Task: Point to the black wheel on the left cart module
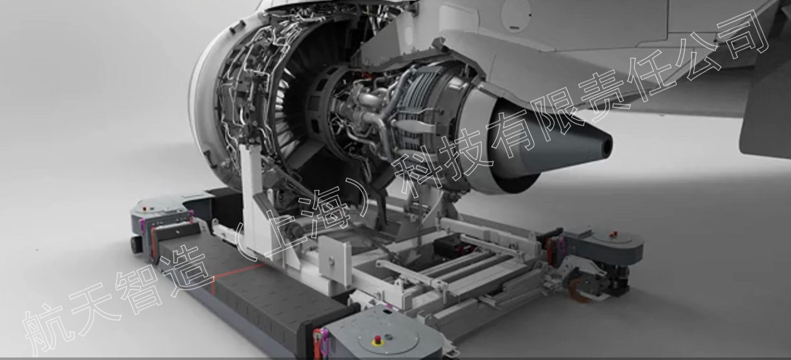(136, 244)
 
